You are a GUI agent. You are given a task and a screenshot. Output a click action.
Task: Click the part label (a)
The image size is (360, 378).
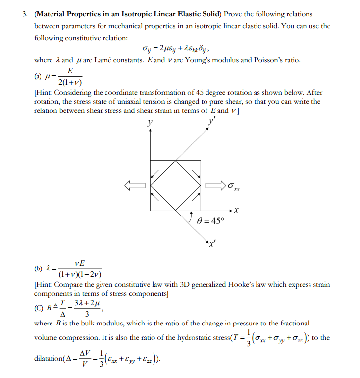(38, 77)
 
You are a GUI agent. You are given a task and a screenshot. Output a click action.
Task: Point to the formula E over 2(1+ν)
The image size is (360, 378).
(70, 77)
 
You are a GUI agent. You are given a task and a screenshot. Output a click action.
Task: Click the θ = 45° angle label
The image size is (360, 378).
(210, 221)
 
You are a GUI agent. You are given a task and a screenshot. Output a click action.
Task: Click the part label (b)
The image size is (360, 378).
(38, 269)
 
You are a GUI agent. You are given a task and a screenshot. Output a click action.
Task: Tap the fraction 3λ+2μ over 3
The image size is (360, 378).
(87, 308)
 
